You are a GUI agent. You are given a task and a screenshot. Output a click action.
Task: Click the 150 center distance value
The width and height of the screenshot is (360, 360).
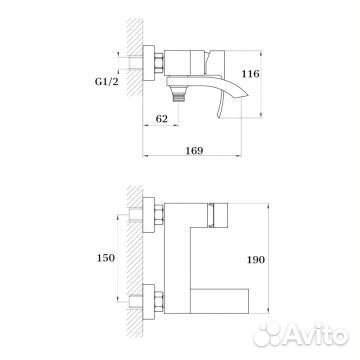tap(103, 257)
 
